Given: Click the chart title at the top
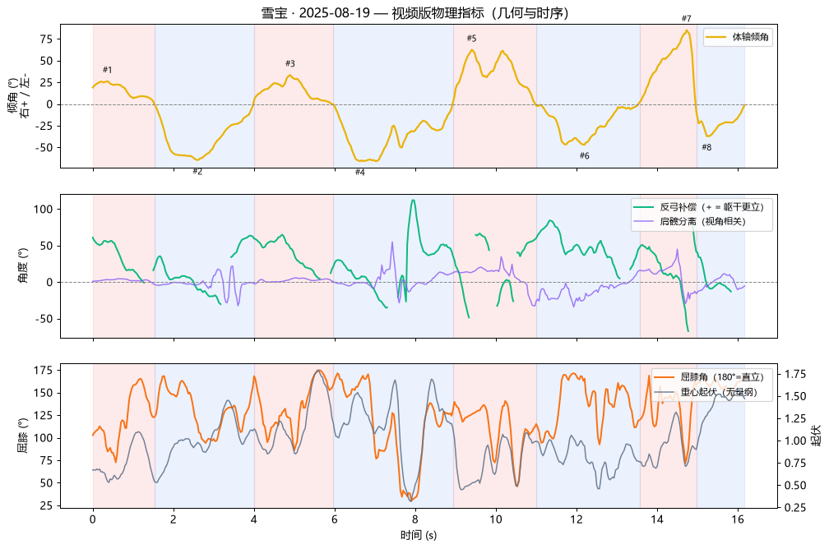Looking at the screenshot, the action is [x=414, y=12].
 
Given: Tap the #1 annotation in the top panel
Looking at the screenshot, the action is [x=107, y=70].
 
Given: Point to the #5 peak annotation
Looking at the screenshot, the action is [x=471, y=38].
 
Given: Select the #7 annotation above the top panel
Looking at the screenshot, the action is [x=686, y=19].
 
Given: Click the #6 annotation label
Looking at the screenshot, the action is [x=584, y=156].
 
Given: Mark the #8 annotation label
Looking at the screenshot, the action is [x=706, y=147].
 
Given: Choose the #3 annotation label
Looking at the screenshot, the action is [x=290, y=63].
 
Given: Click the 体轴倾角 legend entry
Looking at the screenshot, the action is [x=738, y=37].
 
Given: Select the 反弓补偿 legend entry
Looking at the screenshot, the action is [x=698, y=207].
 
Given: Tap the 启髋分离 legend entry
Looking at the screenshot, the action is [x=689, y=221].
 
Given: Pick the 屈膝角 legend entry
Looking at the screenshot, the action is [x=708, y=376].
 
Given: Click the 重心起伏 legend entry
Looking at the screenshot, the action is [x=706, y=392].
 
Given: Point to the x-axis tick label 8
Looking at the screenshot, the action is [x=415, y=519].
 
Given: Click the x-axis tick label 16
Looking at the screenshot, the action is [x=738, y=519].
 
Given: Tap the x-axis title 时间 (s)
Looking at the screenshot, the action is [x=418, y=535].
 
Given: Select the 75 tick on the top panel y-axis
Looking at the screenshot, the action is [x=47, y=39].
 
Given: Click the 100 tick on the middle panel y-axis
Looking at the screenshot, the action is [x=44, y=210].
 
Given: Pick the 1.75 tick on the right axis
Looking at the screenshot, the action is [x=795, y=375].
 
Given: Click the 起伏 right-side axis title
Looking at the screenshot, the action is [x=817, y=436].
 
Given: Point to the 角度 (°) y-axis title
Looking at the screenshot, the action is [x=23, y=265].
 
